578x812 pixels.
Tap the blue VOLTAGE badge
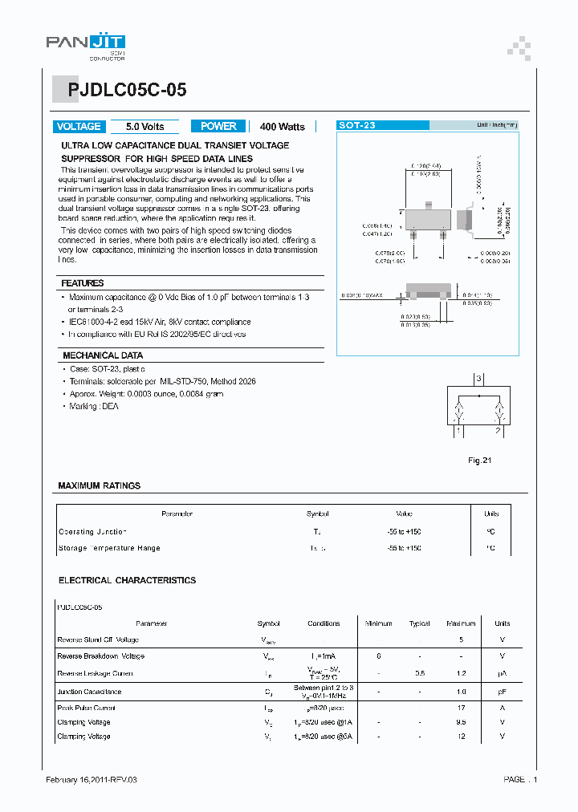[x=79, y=126]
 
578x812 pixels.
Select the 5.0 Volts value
[x=145, y=127]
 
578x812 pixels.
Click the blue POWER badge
[x=218, y=126]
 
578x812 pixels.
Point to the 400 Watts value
[x=283, y=127]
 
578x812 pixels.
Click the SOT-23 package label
[x=357, y=126]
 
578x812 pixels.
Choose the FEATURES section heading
[x=83, y=283]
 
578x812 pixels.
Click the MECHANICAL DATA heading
[x=103, y=355]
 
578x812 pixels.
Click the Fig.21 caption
[x=479, y=460]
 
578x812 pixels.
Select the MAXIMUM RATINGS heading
[x=100, y=485]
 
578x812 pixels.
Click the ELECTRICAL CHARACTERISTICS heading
[x=127, y=579]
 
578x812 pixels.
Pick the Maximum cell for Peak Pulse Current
[x=461, y=708]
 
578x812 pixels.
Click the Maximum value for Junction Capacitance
[x=461, y=691]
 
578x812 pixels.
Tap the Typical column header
[x=420, y=623]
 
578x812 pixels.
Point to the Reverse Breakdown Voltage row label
[x=101, y=656]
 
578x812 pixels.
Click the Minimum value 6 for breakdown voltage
[x=378, y=656]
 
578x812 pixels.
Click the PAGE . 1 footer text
[x=520, y=780]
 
